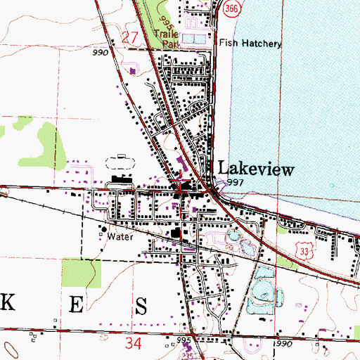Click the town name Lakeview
click(x=256, y=169)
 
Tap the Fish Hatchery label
click(x=250, y=44)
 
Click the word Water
click(x=120, y=237)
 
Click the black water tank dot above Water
click(x=103, y=229)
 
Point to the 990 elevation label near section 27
click(x=98, y=52)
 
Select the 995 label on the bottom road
click(x=185, y=340)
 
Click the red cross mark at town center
click(x=184, y=186)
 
